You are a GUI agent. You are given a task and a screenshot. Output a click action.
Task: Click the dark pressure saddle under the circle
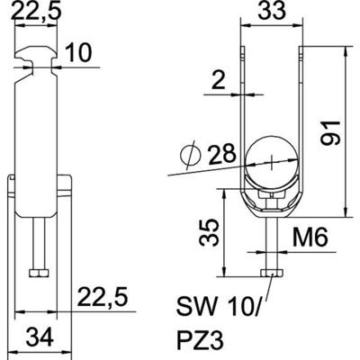(x=273, y=199)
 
